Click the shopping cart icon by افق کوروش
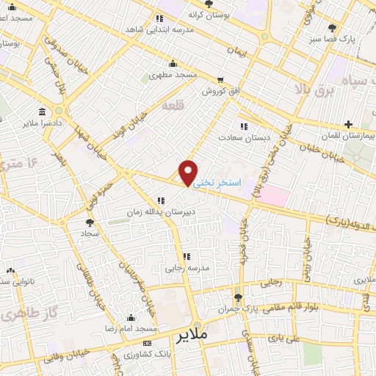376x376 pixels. click(x=220, y=79)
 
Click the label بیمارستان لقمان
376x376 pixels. click(x=344, y=137)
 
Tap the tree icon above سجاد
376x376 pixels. click(x=90, y=222)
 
